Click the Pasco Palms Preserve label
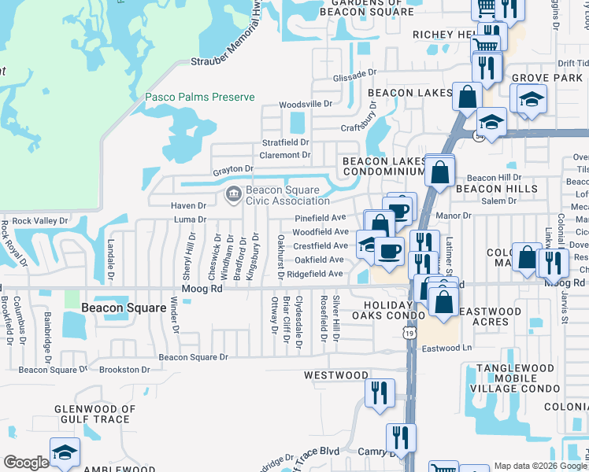click(x=200, y=97)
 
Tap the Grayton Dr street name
click(x=232, y=168)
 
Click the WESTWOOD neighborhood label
click(x=336, y=375)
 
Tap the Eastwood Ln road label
click(x=446, y=348)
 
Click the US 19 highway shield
click(x=409, y=334)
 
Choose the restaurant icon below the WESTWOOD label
click(x=380, y=393)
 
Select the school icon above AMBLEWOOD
click(x=65, y=452)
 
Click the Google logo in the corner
click(x=26, y=463)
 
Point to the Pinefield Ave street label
click(x=320, y=218)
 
